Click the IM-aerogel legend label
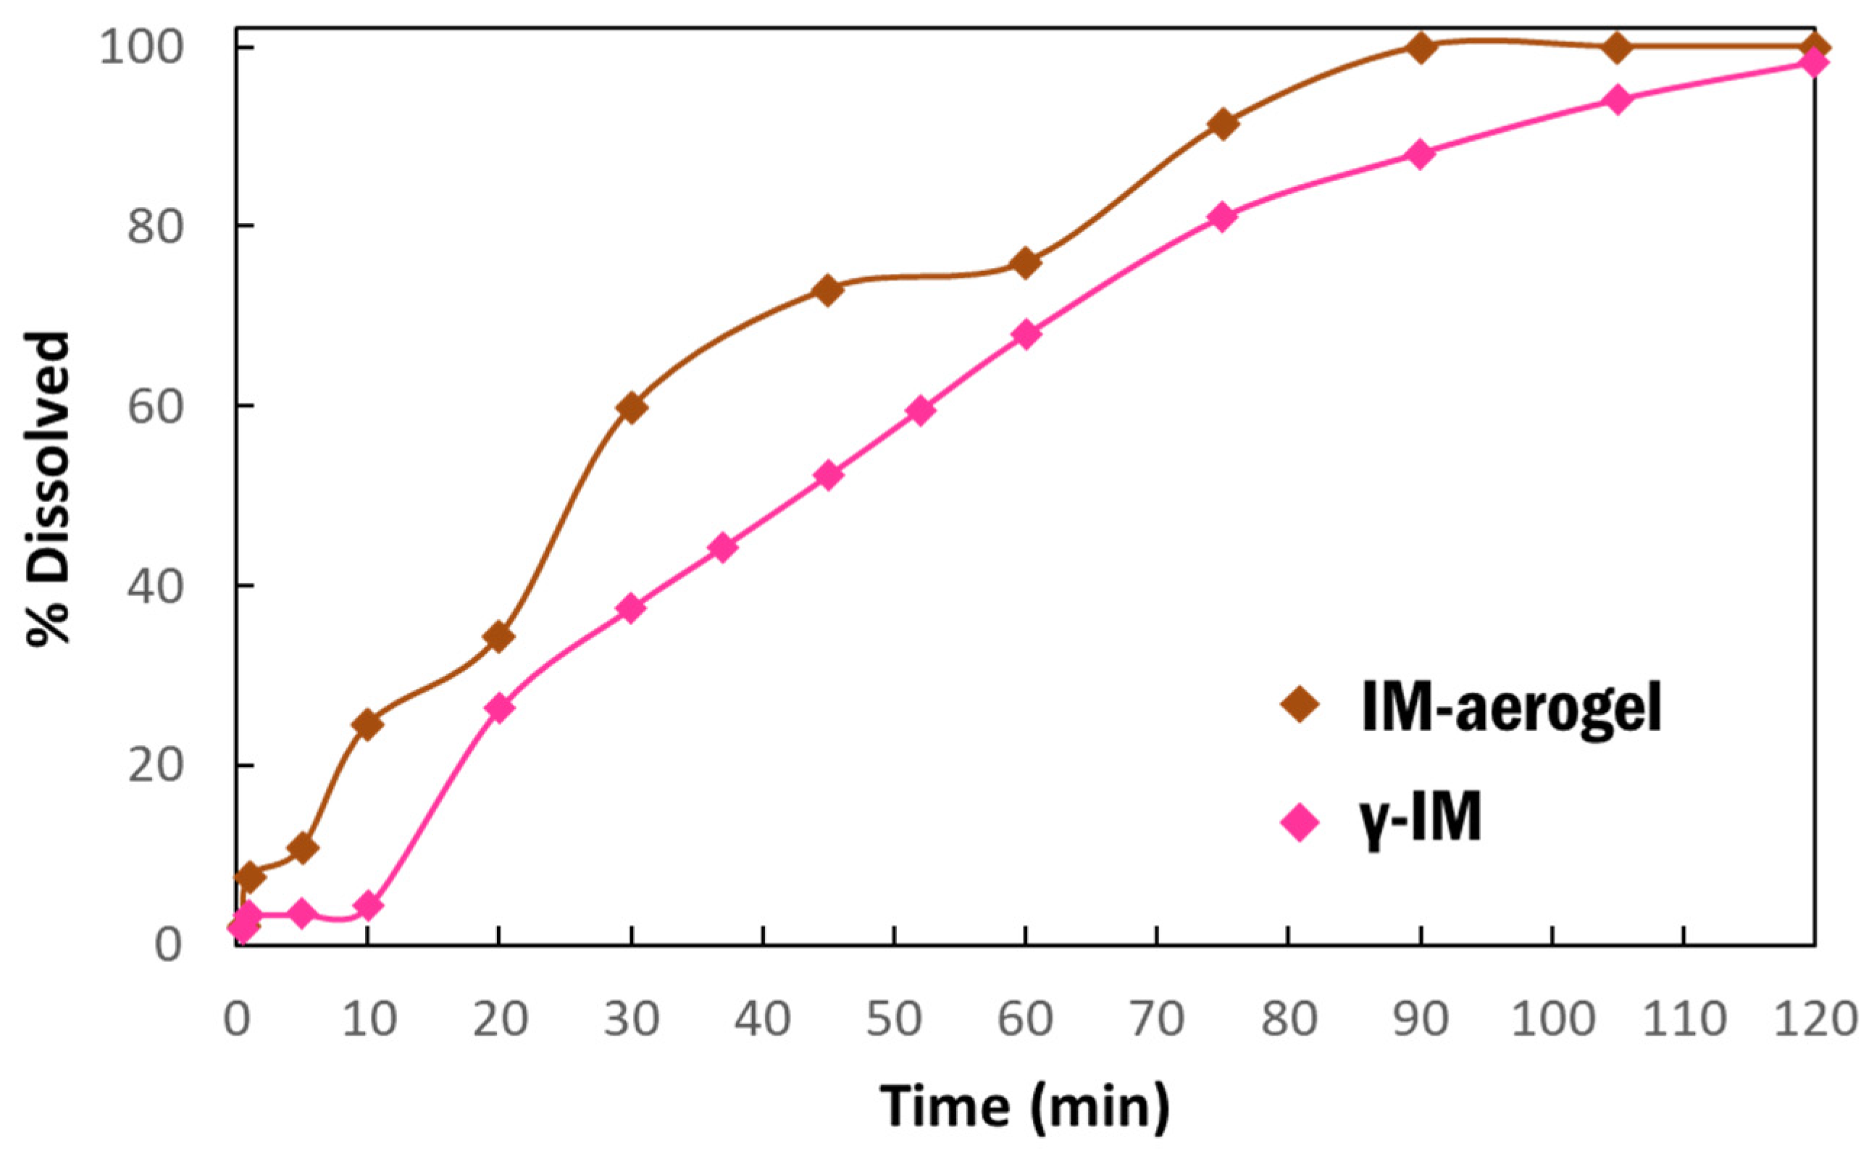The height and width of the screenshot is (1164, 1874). coord(1510,707)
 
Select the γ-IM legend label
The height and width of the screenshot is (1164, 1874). coord(1418,820)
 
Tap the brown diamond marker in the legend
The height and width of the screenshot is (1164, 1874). coord(1300,704)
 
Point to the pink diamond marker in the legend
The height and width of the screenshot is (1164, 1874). coord(1300,823)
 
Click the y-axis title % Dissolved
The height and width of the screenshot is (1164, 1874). coord(49,489)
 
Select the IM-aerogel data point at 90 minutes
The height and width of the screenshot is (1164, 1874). coord(1421,48)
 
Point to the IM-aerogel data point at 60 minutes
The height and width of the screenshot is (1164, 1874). coord(1026,263)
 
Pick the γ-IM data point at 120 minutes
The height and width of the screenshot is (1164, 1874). coord(1815,62)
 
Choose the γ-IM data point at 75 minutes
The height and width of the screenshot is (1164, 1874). coord(1223,217)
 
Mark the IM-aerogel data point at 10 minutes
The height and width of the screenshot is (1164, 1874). coord(368,724)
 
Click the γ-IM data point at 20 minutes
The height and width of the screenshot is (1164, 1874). coord(500,708)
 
